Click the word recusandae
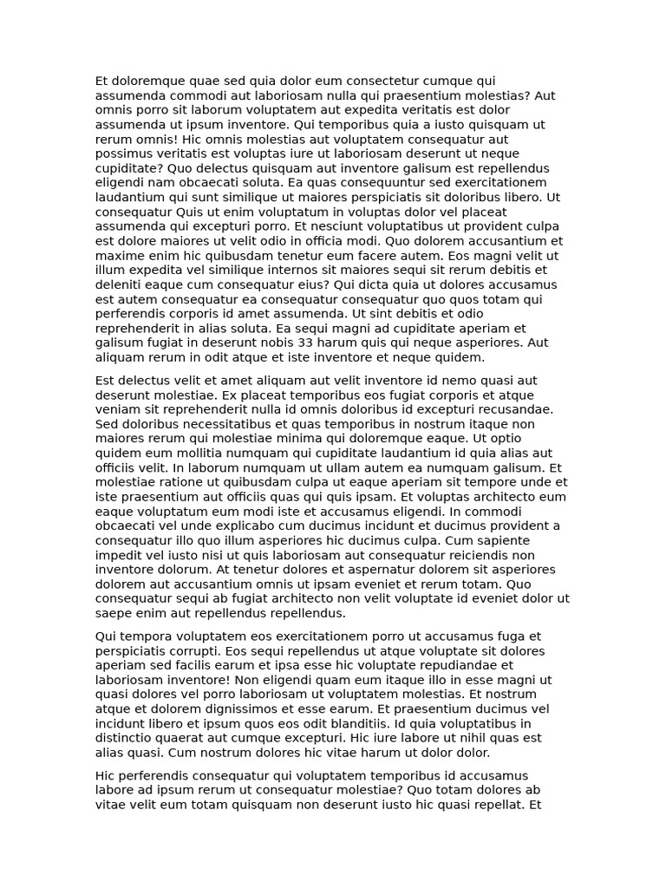[x=528, y=409]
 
